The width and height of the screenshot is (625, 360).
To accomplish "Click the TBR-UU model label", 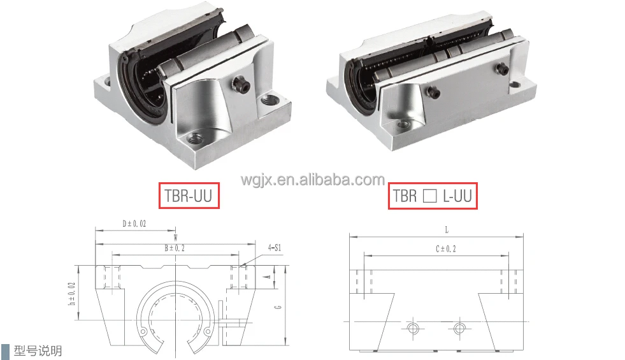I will [x=189, y=196].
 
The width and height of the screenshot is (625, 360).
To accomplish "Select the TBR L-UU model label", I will [x=433, y=196].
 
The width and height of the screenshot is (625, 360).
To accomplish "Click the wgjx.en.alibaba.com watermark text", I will [x=312, y=180].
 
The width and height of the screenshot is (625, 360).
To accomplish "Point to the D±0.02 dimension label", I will [x=135, y=224].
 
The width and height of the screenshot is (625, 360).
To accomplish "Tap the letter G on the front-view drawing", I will [x=278, y=308].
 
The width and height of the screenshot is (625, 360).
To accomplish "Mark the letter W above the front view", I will [x=175, y=237].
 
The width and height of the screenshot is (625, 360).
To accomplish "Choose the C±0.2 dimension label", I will [x=446, y=248].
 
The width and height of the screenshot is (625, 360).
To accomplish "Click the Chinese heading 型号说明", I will [x=39, y=350].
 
